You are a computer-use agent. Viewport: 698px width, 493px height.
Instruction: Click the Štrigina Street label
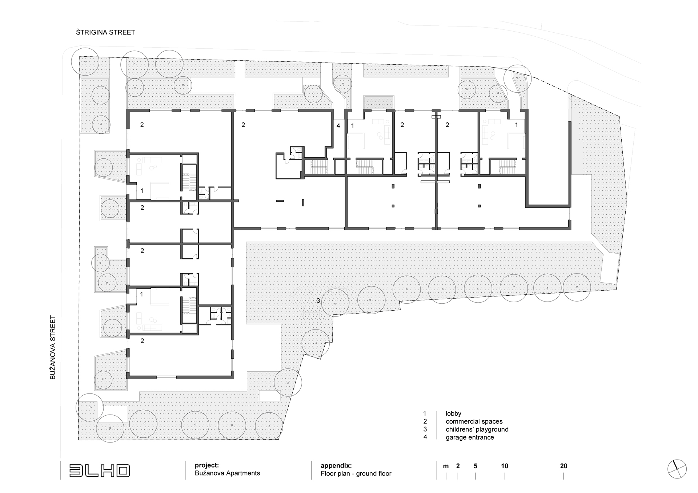click(x=105, y=32)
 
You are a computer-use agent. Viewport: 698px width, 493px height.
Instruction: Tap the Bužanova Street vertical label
click(x=53, y=348)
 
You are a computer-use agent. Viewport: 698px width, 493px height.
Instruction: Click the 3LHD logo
click(x=100, y=470)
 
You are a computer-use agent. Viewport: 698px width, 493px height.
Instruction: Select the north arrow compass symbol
click(x=677, y=469)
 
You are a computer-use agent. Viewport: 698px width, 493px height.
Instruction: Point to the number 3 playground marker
click(x=318, y=300)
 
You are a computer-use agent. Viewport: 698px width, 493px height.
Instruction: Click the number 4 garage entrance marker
click(x=338, y=126)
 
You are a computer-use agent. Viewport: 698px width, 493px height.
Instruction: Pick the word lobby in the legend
click(x=453, y=413)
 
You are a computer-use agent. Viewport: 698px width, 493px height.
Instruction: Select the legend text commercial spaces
click(x=474, y=421)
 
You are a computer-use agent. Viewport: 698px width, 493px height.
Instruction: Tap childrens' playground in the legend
click(x=477, y=429)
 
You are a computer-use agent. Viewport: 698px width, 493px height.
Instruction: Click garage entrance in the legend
click(x=470, y=437)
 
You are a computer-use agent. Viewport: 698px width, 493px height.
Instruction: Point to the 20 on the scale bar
click(x=563, y=466)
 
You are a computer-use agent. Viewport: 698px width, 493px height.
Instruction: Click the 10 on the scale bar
click(x=505, y=466)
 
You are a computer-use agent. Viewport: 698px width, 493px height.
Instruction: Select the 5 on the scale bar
click(x=475, y=466)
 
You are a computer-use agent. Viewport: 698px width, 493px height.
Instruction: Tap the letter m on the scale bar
click(x=446, y=466)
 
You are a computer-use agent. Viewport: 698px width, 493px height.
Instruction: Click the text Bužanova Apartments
click(x=228, y=473)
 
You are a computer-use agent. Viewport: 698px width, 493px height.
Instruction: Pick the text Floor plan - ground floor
click(x=356, y=473)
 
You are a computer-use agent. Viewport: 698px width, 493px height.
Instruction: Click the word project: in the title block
click(x=207, y=465)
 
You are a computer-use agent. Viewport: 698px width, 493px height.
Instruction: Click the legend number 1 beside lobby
click(x=425, y=413)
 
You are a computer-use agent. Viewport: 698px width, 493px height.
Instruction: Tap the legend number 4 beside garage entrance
click(x=425, y=437)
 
